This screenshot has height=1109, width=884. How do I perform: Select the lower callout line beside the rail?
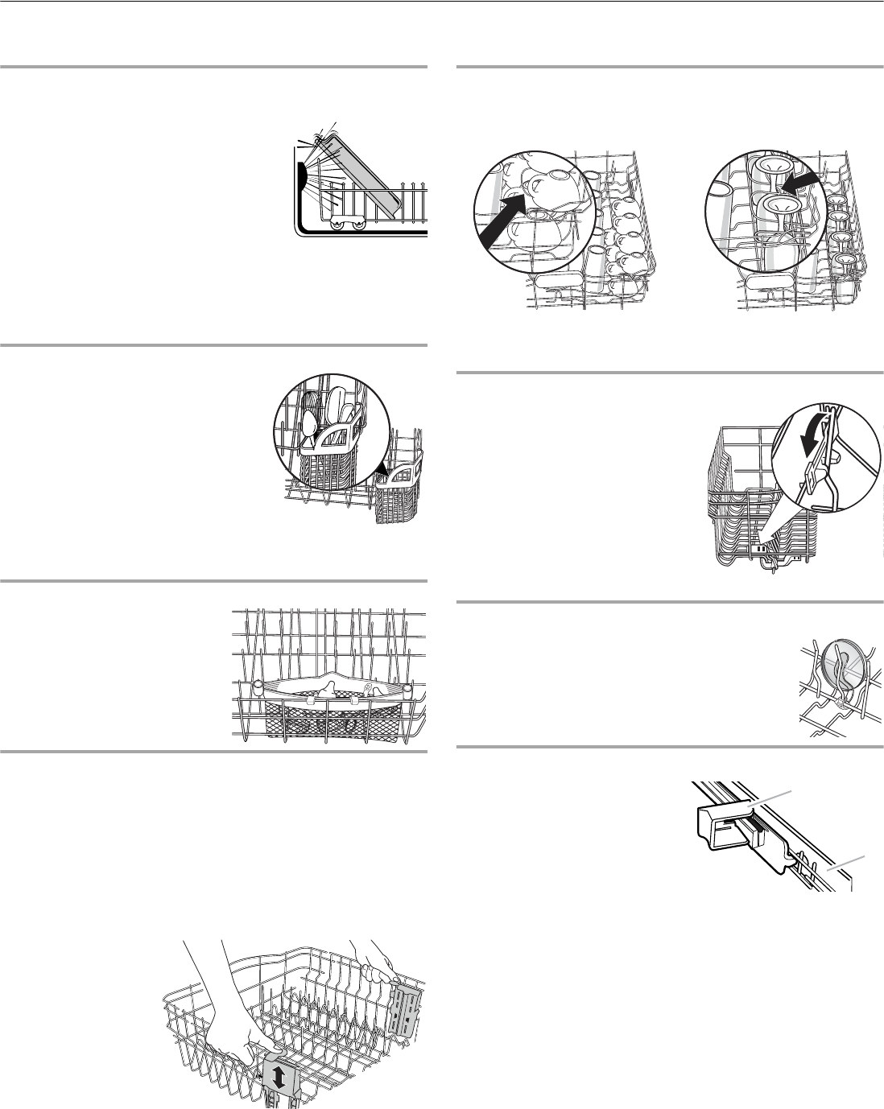pyautogui.click(x=849, y=865)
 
